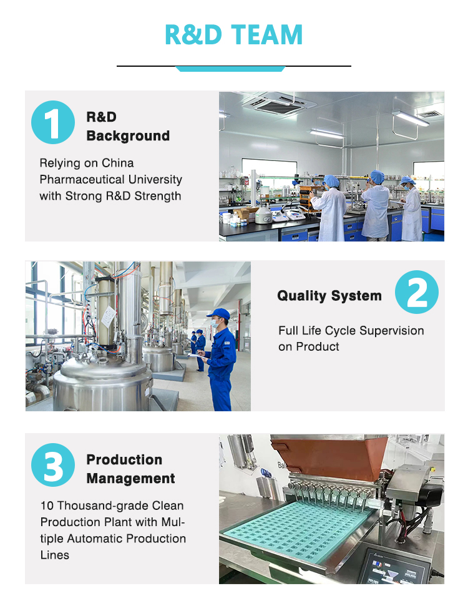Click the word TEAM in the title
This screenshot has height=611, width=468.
click(x=267, y=35)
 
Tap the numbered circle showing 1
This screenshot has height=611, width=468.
click(x=53, y=122)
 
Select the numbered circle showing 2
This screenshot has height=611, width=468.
click(x=417, y=292)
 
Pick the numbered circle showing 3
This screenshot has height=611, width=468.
click(x=53, y=465)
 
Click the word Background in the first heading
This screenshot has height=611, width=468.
click(x=128, y=136)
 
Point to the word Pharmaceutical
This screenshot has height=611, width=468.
click(x=82, y=179)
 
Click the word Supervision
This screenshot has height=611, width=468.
click(x=392, y=331)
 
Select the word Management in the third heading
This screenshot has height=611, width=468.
click(x=130, y=479)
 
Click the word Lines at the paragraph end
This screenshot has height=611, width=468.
click(x=54, y=555)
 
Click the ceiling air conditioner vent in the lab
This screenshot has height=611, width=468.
click(x=279, y=104)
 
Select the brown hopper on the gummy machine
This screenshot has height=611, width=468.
click(x=330, y=458)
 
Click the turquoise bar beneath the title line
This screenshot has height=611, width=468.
click(x=230, y=69)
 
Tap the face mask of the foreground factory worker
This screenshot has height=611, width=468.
click(x=215, y=323)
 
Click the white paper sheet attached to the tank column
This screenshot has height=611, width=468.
click(x=109, y=316)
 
